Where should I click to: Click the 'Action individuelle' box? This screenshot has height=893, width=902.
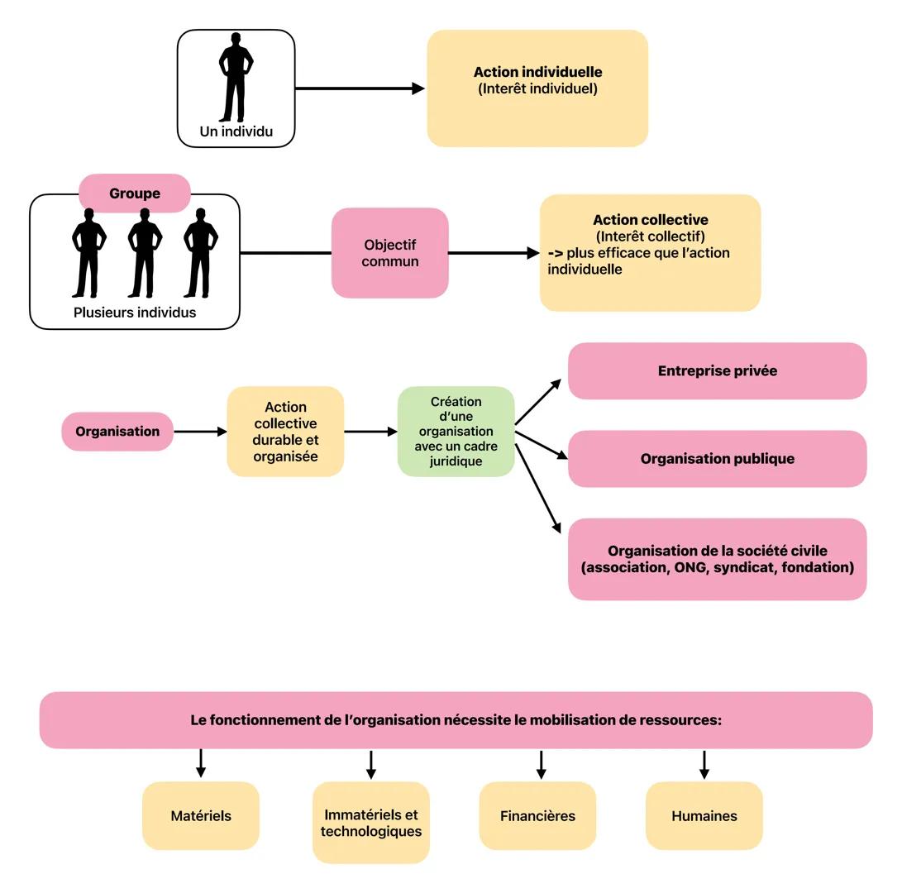[537, 88]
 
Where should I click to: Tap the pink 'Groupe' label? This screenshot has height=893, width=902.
[135, 193]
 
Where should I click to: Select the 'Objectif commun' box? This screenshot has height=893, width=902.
[390, 253]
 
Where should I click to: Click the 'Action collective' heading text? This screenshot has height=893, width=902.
[650, 220]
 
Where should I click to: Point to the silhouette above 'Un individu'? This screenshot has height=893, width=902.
[236, 78]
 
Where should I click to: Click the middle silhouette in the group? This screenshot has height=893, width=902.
[145, 252]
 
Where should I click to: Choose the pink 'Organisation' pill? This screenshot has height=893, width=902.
[117, 432]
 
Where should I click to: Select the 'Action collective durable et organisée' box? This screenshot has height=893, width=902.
[285, 432]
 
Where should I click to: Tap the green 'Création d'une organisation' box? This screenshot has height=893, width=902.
[456, 432]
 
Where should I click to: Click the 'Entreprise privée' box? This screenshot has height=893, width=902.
[717, 371]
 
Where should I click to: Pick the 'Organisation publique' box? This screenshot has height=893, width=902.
[717, 459]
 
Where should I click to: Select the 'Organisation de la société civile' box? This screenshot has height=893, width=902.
[717, 559]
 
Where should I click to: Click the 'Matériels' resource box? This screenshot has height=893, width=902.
[201, 816]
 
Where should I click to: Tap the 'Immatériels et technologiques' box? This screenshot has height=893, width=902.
[371, 823]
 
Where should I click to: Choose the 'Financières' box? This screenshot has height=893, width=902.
[537, 816]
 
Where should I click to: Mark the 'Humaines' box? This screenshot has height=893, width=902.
[704, 816]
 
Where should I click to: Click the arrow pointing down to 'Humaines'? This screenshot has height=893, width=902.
[704, 764]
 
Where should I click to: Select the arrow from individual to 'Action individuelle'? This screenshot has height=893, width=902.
[360, 88]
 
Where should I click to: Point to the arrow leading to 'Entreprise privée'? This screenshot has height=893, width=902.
[538, 402]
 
